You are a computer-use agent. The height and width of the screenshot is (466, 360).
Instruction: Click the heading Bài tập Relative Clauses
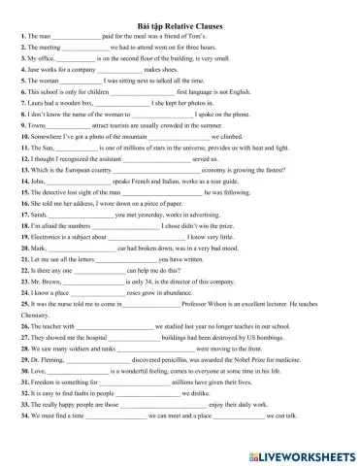179,21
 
